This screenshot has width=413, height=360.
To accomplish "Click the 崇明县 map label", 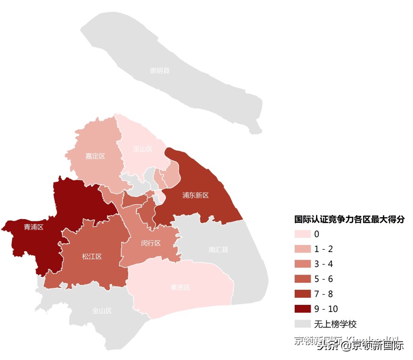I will tap(160, 71).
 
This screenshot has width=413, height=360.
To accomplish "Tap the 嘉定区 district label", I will tap(95, 156).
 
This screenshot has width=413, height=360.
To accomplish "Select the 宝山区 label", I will tap(142, 149).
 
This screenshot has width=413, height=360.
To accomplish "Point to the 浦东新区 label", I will tap(196, 195).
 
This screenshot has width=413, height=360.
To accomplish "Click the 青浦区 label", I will tap(33, 227).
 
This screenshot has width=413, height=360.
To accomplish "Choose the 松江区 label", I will tap(92, 256).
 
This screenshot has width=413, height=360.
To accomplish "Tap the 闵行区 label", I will tap(151, 243).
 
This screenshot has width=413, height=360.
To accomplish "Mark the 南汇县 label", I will tap(218, 250).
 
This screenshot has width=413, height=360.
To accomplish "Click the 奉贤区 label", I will tap(180, 287).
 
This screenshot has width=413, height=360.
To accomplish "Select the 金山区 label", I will tap(102, 311).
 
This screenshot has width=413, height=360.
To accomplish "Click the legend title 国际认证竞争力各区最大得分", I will tap(349, 220).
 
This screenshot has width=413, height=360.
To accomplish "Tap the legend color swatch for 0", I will tap(303, 234).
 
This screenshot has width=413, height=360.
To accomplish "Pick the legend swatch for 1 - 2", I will tap(303, 249).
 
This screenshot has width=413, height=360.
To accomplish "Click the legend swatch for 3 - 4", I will tap(303, 264).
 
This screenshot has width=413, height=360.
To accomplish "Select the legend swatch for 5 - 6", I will tap(303, 279).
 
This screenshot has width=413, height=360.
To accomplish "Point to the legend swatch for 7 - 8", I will tap(303, 294).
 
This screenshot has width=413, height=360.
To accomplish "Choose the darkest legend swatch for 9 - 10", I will tap(303, 309).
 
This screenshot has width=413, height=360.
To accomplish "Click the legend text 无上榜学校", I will tap(336, 324).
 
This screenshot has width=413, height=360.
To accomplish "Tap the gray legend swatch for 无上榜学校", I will tap(303, 324).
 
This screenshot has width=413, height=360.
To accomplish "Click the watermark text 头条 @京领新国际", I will tap(360, 346).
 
